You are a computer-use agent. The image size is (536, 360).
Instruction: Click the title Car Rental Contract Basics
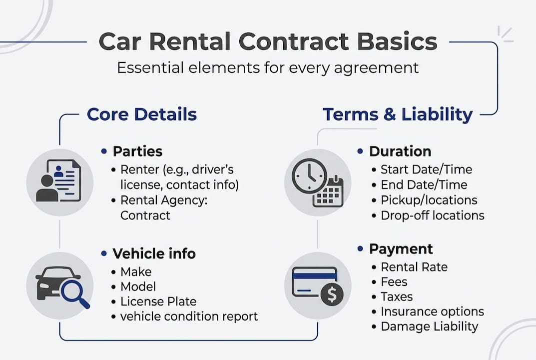click(x=268, y=42)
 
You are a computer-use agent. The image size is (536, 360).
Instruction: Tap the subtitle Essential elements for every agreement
click(x=268, y=67)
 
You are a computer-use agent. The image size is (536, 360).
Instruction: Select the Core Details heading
click(x=142, y=114)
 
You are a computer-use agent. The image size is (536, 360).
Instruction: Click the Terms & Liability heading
click(x=397, y=114)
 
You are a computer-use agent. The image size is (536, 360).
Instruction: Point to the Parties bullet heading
click(x=137, y=151)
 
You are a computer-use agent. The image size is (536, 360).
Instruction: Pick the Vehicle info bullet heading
click(x=154, y=253)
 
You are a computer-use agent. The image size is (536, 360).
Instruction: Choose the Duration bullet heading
click(x=400, y=151)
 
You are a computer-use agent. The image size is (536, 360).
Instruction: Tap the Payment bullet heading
click(x=401, y=248)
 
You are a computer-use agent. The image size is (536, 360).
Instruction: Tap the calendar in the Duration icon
click(x=328, y=192)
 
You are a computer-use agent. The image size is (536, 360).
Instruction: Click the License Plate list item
click(x=158, y=301)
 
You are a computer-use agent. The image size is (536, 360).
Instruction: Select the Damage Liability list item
click(x=429, y=326)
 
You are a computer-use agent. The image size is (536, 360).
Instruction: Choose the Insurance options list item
click(x=432, y=311)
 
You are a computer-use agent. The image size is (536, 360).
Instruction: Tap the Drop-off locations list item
click(x=433, y=215)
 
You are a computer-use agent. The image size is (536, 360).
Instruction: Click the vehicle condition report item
click(x=189, y=316)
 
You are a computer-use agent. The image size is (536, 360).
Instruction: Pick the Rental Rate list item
click(x=414, y=266)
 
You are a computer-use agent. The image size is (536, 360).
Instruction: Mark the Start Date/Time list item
click(x=426, y=169)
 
